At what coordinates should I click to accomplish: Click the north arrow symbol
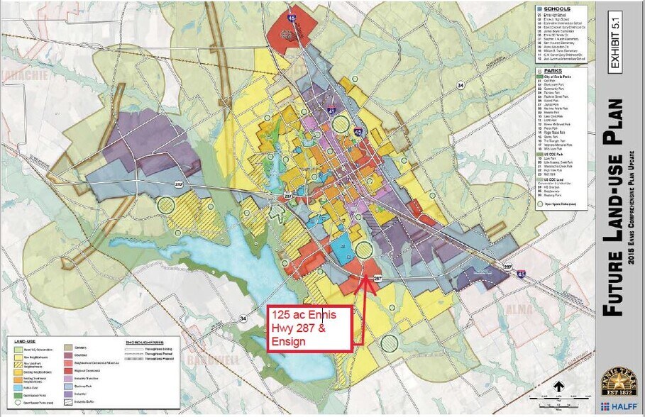click(558, 387)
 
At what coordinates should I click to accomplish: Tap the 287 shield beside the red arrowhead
click(377, 279)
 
